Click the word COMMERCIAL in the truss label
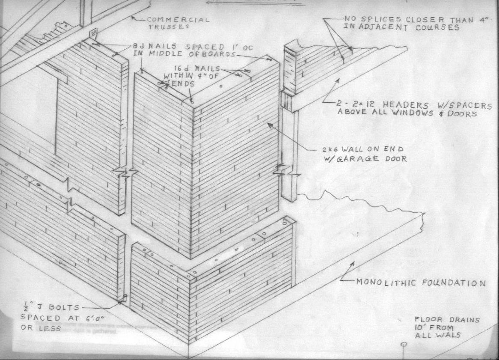tap(178, 20)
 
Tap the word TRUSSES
tap(166, 27)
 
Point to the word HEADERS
tap(405, 105)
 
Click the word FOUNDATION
tap(454, 283)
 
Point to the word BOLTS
tap(63, 307)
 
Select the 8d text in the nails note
tap(137, 46)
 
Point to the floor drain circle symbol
tap(404, 344)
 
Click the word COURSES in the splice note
tap(437, 27)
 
